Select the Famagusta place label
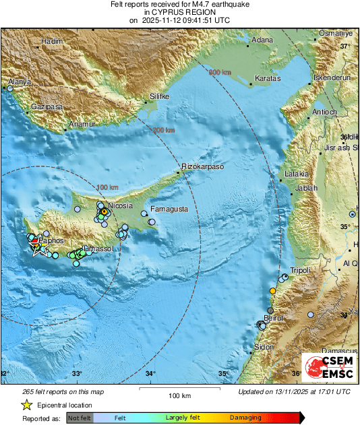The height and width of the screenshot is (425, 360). click(169, 209)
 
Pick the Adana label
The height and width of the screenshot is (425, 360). click(262, 41)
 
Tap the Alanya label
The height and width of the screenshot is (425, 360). click(20, 82)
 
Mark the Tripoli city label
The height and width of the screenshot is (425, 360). click(299, 270)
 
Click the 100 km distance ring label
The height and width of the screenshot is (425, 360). click(107, 187)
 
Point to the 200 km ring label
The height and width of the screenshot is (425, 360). click(163, 130)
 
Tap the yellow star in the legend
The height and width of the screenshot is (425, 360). click(26, 405)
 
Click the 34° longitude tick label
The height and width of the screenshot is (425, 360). click(150, 374)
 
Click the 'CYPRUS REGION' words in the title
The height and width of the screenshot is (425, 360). click(179, 12)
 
